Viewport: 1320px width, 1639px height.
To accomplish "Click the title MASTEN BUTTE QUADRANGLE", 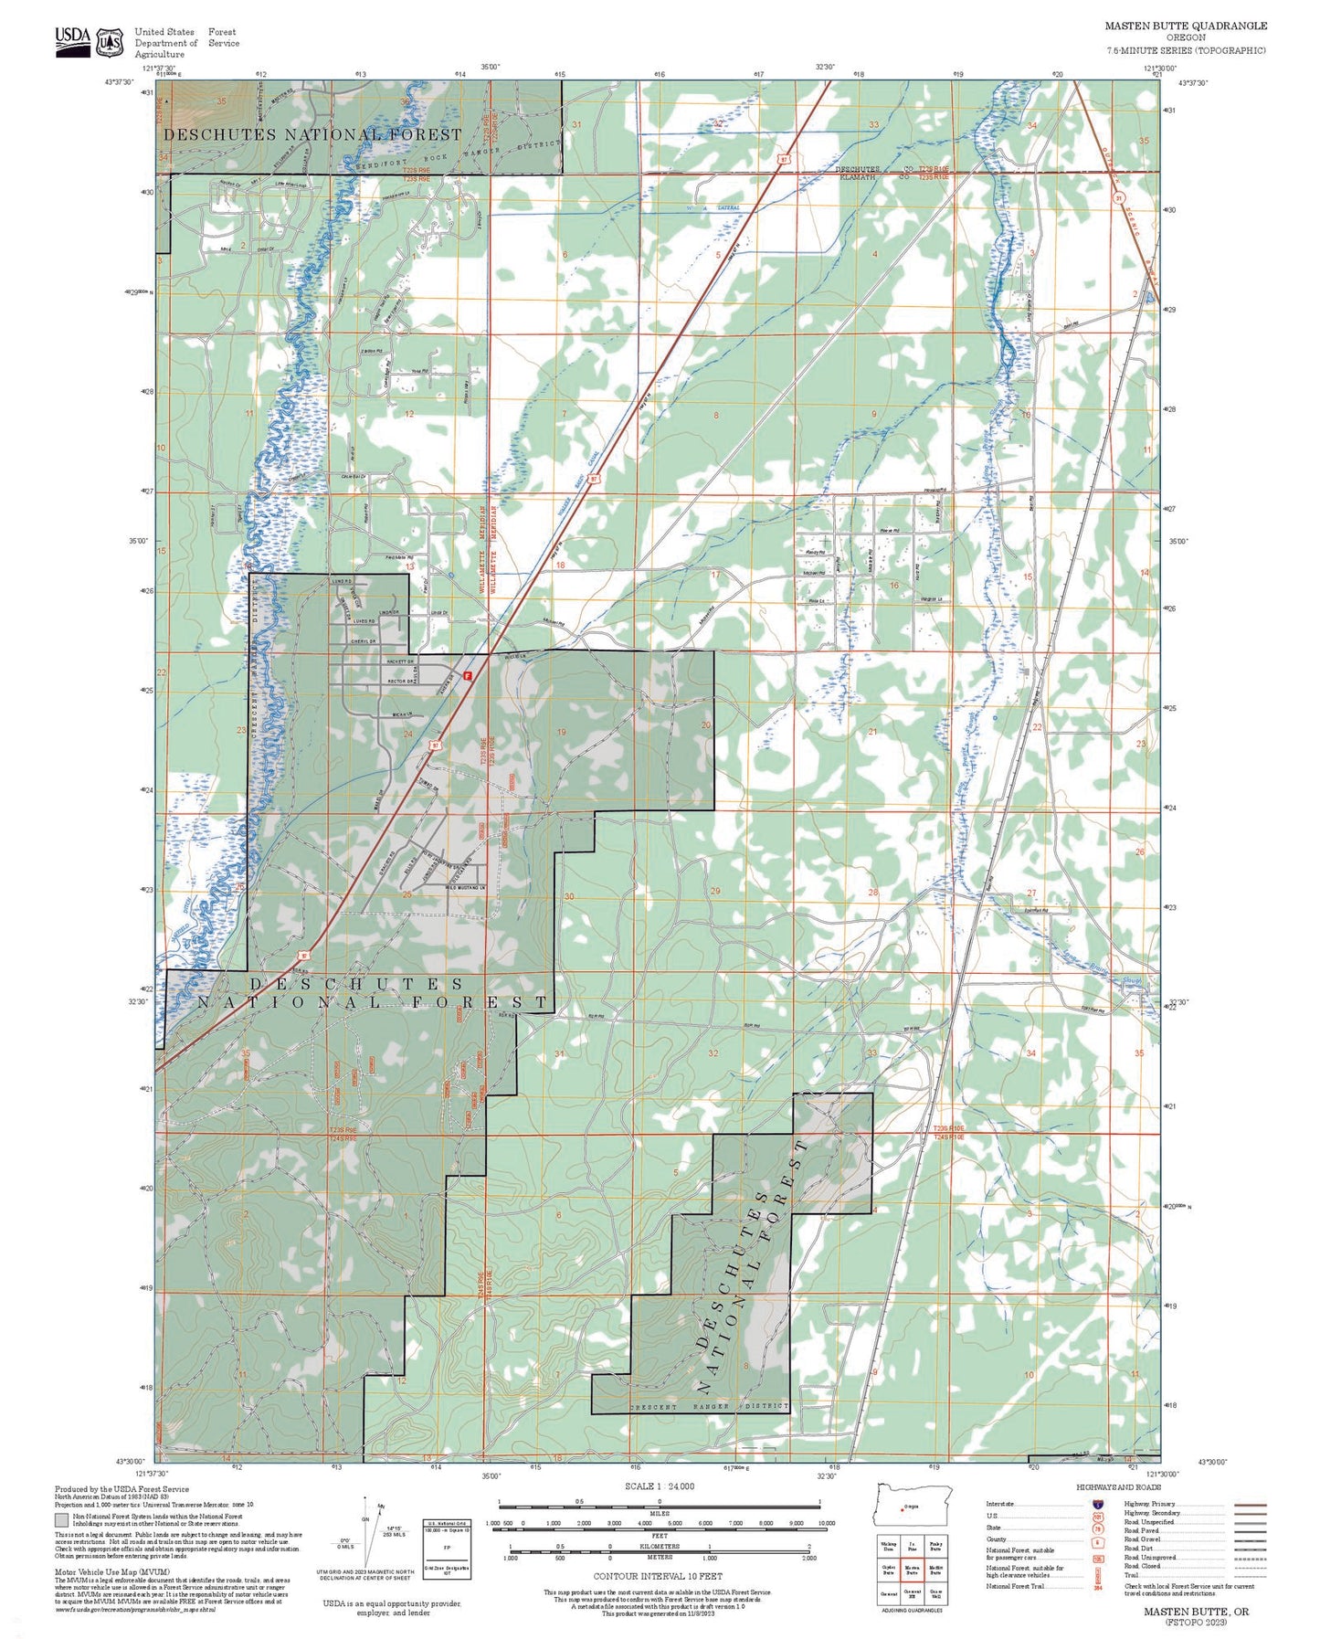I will (x=1186, y=26).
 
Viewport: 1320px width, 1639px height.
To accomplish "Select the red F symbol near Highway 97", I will (x=468, y=676).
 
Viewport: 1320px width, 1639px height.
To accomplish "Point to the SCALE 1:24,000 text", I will (x=660, y=1486).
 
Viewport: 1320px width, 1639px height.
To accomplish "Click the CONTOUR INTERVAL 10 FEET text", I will (x=658, y=1576).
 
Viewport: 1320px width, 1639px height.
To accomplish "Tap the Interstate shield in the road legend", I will (x=1096, y=1503).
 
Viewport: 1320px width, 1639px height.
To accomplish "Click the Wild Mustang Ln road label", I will (x=462, y=887).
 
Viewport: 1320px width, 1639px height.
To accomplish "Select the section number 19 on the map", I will (x=562, y=732).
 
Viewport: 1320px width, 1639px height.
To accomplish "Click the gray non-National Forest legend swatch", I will (x=61, y=1520).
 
